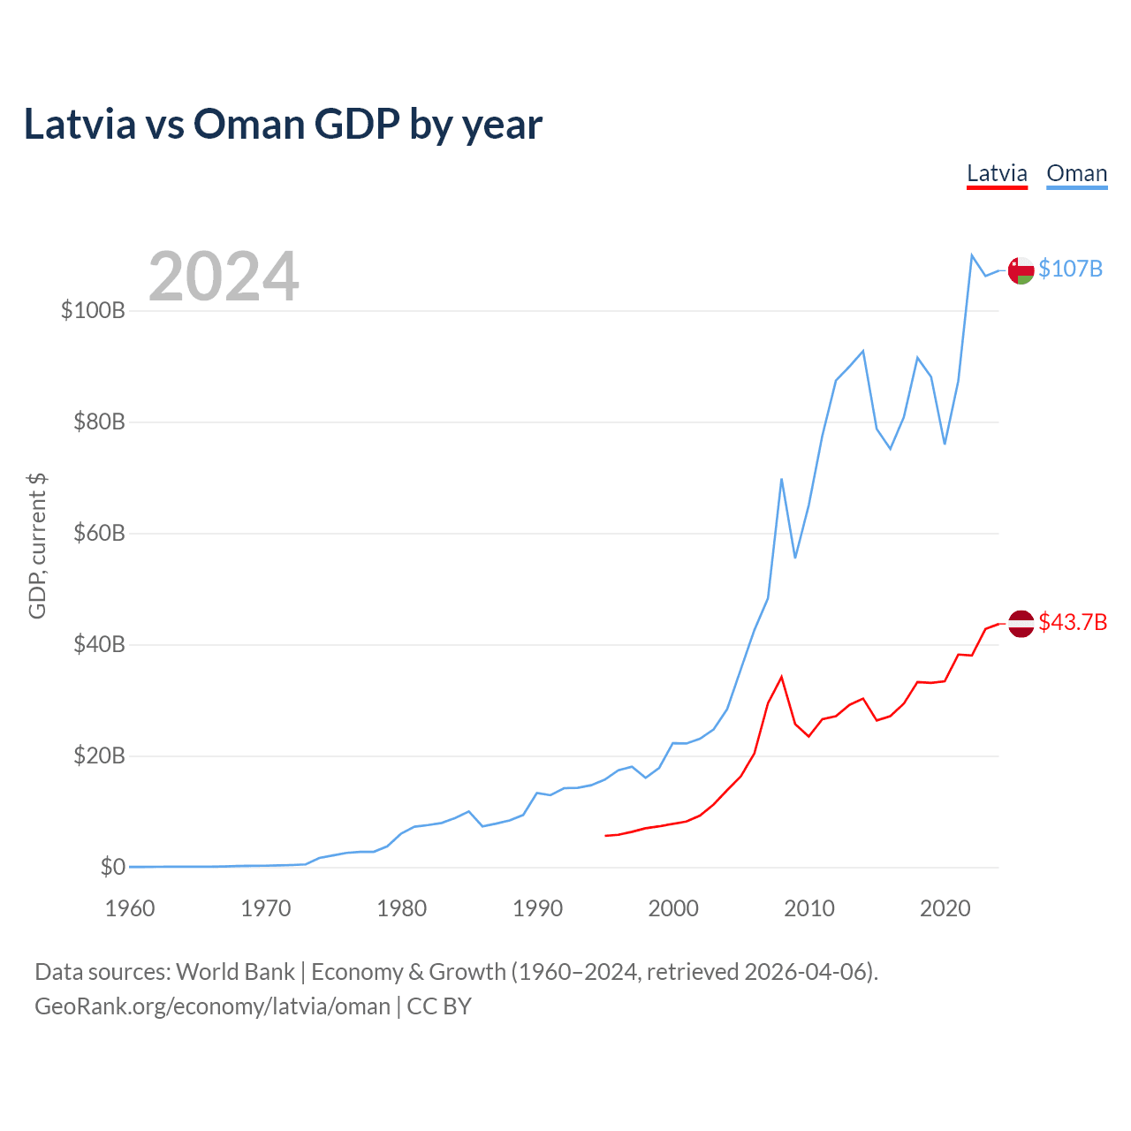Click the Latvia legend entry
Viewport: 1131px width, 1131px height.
pyautogui.click(x=997, y=173)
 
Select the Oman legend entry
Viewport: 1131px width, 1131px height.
pyautogui.click(x=1076, y=173)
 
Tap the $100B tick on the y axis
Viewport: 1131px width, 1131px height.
pyautogui.click(x=93, y=311)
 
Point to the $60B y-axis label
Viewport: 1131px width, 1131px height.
pyautogui.click(x=98, y=534)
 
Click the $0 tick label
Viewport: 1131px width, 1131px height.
pyautogui.click(x=112, y=867)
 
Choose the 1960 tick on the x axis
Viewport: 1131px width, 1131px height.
pyautogui.click(x=130, y=908)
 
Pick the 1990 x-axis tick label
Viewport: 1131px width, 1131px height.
pyautogui.click(x=537, y=908)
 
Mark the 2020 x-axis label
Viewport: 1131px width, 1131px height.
pyautogui.click(x=945, y=908)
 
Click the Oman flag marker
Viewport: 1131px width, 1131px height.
pyautogui.click(x=1021, y=270)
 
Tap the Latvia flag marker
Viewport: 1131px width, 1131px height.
pyautogui.click(x=1021, y=623)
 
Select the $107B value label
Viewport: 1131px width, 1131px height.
pyautogui.click(x=1070, y=269)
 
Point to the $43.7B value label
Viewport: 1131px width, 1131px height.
pyautogui.click(x=1073, y=622)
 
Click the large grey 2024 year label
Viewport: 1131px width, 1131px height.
pyautogui.click(x=224, y=277)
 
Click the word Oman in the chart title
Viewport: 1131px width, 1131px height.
pyautogui.click(x=249, y=125)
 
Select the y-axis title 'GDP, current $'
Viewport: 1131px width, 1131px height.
pyautogui.click(x=37, y=545)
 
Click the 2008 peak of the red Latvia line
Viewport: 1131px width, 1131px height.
pyautogui.click(x=781, y=677)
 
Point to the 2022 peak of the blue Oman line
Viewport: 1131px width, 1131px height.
pyautogui.click(x=972, y=255)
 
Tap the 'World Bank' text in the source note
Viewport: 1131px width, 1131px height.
pyautogui.click(x=235, y=972)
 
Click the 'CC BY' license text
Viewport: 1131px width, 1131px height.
pyautogui.click(x=439, y=1006)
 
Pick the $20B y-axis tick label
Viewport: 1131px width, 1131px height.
pyautogui.click(x=98, y=756)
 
